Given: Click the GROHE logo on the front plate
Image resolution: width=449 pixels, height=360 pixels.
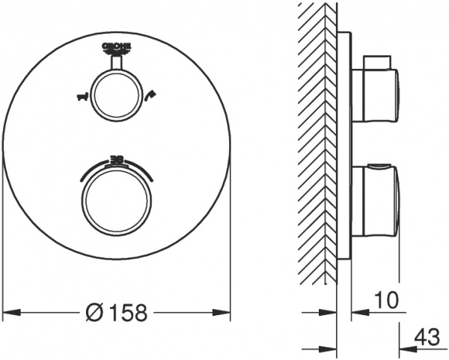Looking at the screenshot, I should click(x=116, y=47).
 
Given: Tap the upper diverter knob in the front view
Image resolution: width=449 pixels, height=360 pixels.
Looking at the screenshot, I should click(x=116, y=95).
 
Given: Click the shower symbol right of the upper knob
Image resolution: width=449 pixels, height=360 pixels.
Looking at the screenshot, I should click(x=153, y=95).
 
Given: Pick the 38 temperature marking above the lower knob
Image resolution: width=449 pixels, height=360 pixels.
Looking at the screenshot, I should click(x=117, y=159).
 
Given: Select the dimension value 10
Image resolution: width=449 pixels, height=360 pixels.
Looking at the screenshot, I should click(x=387, y=301).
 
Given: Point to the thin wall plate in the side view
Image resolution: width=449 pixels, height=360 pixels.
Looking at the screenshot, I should click(x=343, y=146).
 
